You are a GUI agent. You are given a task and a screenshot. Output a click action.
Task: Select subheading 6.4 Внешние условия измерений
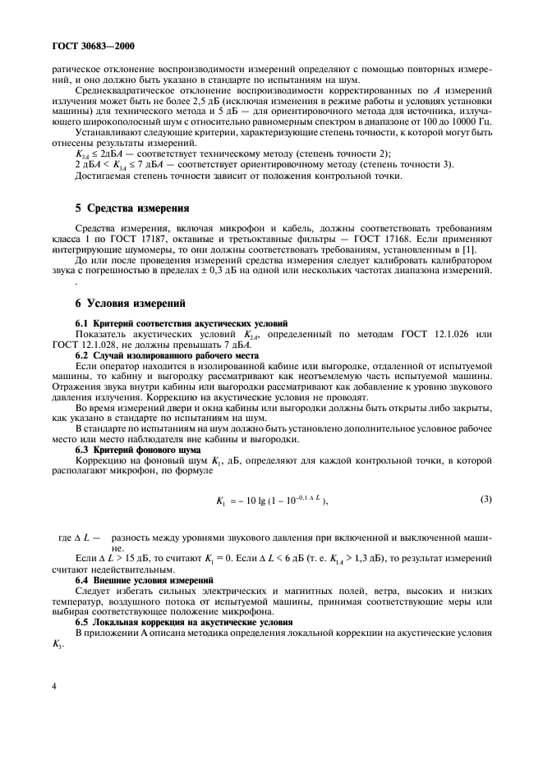click(145, 581)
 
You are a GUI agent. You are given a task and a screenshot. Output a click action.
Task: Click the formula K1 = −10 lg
click(268, 501)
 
